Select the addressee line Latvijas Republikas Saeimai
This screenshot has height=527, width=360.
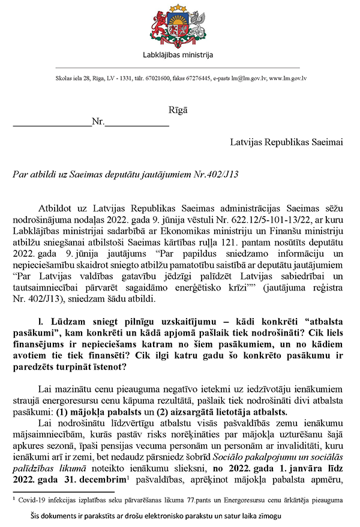point(287,142)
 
